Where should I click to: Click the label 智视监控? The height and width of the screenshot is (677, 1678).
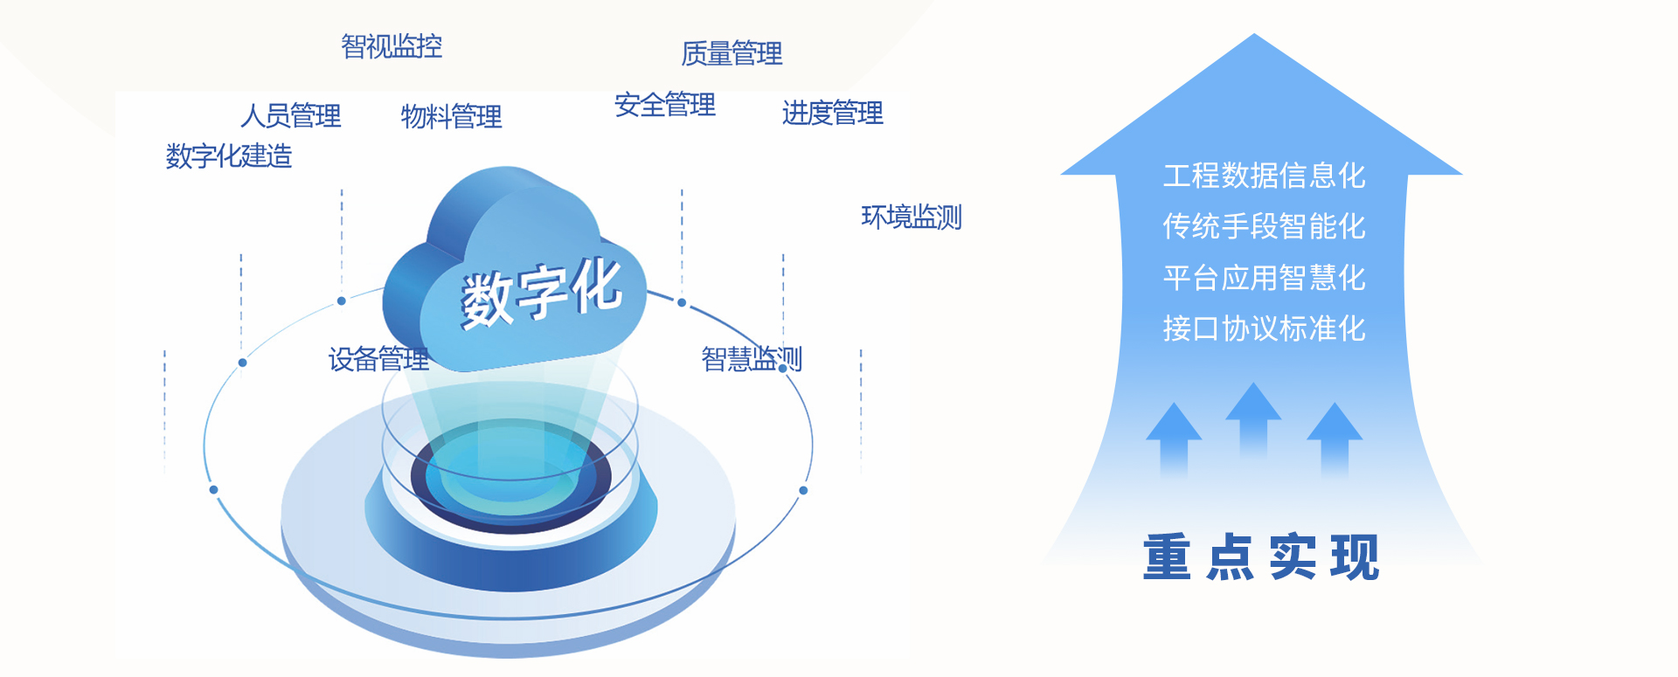point(392,46)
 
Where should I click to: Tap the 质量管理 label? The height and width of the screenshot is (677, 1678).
point(732,54)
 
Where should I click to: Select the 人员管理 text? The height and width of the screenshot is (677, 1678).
point(291,116)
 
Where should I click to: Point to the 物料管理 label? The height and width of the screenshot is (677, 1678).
point(451,117)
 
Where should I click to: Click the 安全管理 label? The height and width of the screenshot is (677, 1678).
point(665,106)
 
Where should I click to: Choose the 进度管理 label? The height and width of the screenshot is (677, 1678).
point(832,114)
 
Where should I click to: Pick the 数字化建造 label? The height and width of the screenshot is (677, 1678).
point(229,156)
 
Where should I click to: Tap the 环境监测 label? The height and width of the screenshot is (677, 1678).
point(912,218)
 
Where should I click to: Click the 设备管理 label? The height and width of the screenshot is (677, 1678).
point(378,359)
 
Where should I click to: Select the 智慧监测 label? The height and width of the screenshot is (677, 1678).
point(752,359)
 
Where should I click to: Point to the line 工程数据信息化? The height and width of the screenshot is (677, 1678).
point(1264,176)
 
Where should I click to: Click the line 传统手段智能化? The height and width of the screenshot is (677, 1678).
point(1264,226)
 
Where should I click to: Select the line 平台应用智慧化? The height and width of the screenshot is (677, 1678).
point(1264,278)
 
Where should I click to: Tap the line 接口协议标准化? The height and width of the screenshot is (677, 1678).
point(1264,328)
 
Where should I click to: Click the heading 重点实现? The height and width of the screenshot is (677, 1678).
point(1261,556)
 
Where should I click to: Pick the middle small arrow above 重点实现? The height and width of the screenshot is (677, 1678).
point(1253,419)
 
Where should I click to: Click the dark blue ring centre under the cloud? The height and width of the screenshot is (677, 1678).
point(511,476)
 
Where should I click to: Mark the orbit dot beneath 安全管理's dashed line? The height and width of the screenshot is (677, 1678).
point(682,303)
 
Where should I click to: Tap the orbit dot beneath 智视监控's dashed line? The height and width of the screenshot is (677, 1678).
point(342,301)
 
